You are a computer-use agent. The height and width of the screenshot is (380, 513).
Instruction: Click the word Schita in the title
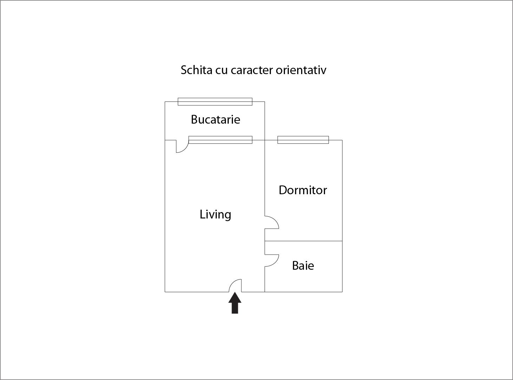coord(196,70)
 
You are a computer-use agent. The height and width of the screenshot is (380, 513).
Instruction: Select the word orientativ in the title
coord(301,70)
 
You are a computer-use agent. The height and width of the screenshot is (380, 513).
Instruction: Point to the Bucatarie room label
coord(215,119)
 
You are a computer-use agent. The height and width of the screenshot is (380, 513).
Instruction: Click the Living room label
coord(215,214)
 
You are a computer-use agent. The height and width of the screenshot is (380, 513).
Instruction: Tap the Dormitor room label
coord(303,190)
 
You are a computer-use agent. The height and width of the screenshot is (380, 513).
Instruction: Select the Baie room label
coord(303,266)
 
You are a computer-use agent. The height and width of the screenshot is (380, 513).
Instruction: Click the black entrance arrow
coord(235,302)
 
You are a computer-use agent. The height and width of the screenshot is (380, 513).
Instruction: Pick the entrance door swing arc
coord(233,283)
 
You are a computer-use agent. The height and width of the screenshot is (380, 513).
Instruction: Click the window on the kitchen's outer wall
coord(215,102)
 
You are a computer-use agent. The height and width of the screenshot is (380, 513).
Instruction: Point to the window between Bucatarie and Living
coord(220,140)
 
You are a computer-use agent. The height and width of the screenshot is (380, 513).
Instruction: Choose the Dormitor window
coord(303,140)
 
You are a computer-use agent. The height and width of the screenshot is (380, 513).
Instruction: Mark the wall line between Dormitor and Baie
coord(304,241)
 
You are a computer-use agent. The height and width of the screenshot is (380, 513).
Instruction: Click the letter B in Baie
coord(296,266)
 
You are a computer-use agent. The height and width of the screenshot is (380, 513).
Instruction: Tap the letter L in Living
coord(202,214)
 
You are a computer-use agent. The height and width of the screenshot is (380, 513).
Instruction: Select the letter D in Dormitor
coord(283,190)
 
